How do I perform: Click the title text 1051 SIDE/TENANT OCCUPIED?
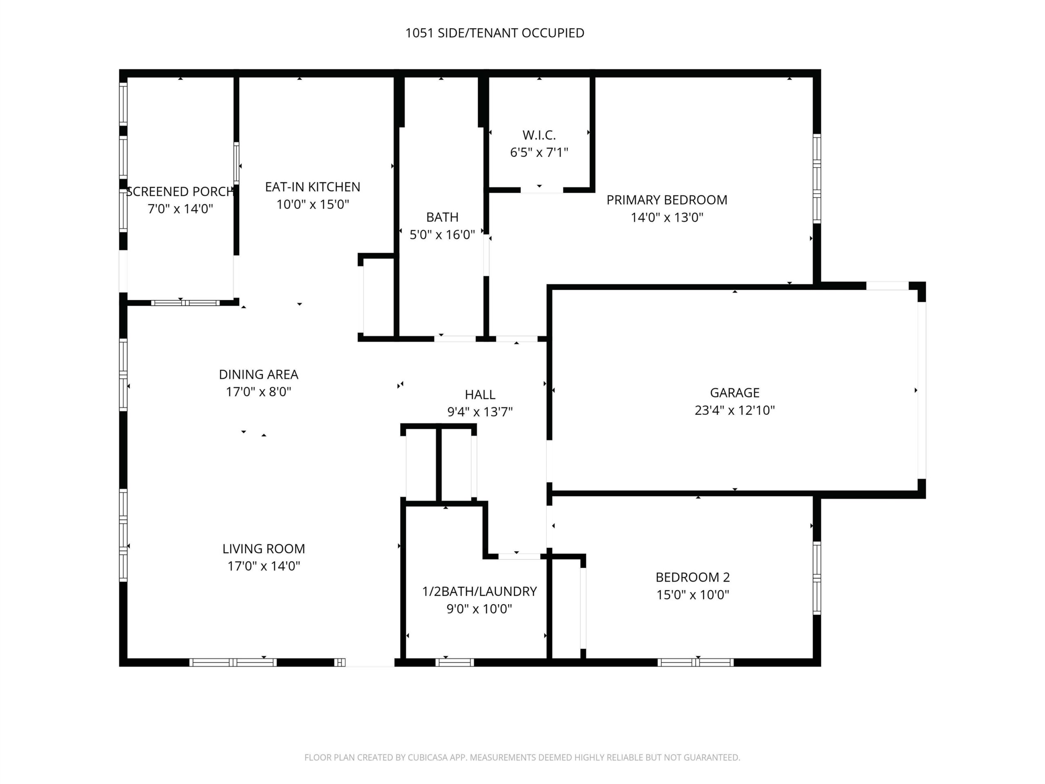tap(495, 33)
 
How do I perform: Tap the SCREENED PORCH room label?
tap(180, 192)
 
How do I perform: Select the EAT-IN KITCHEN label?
tap(312, 187)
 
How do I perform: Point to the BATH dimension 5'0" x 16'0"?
tap(442, 234)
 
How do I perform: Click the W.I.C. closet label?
tap(539, 135)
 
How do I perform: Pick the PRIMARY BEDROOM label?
tap(667, 200)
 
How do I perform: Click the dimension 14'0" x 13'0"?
tap(667, 217)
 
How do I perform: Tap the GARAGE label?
tap(735, 393)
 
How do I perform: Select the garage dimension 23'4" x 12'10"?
tap(735, 410)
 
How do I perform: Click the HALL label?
tap(480, 394)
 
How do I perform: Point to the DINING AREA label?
tap(258, 374)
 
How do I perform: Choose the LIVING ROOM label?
tap(264, 549)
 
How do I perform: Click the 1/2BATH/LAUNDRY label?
tap(480, 591)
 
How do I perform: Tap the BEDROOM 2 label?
tap(693, 577)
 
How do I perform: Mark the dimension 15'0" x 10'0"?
tap(693, 595)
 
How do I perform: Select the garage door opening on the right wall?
tap(922, 390)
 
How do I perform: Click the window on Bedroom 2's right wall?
tap(817, 577)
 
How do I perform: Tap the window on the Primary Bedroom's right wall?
tap(817, 178)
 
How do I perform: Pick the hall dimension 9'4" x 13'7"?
tap(480, 412)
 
